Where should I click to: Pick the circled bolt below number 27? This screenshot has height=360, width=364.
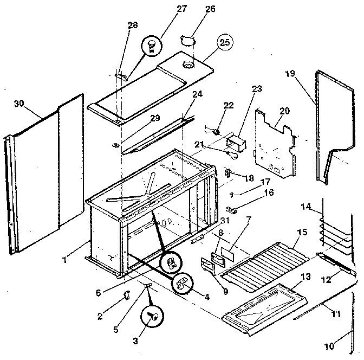click(152, 45)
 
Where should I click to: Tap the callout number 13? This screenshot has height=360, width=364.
click(305, 277)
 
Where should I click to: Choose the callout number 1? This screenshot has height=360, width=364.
click(64, 260)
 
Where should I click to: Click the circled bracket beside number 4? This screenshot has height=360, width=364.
click(183, 282)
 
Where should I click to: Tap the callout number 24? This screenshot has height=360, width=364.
click(197, 94)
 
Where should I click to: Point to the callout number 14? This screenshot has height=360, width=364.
click(306, 207)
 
